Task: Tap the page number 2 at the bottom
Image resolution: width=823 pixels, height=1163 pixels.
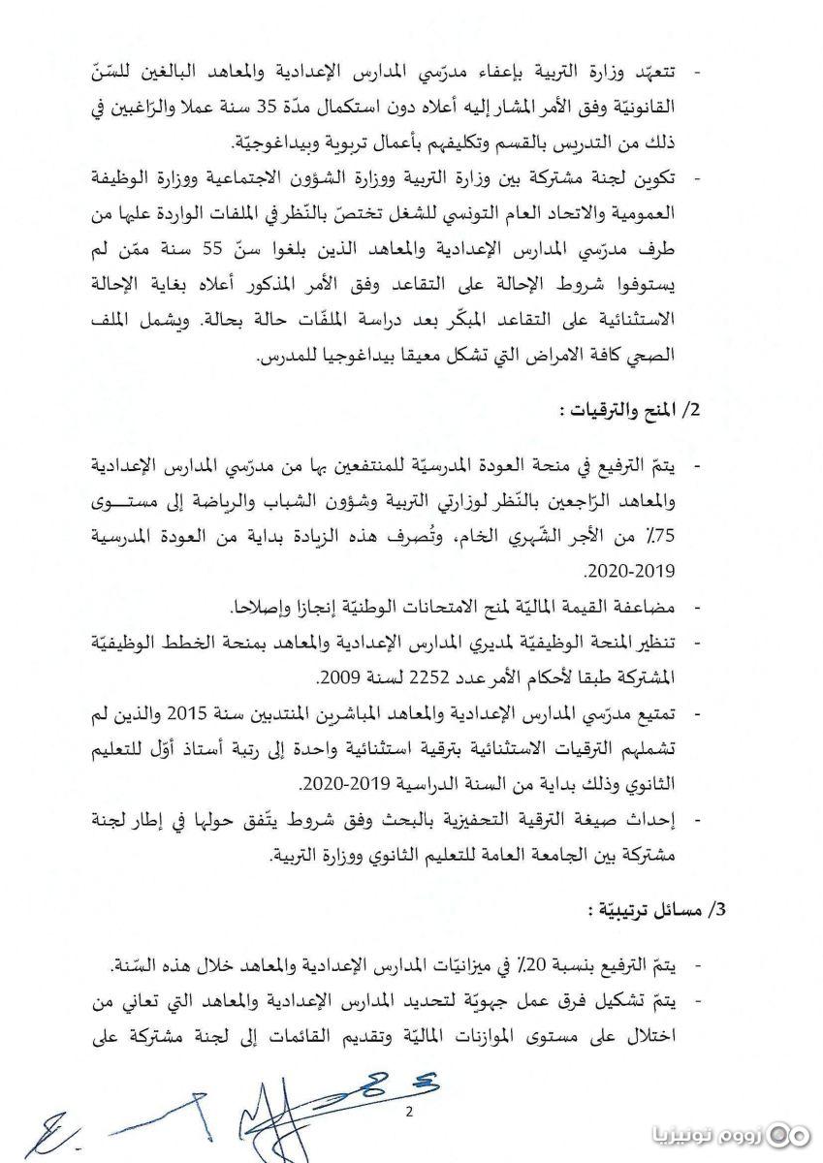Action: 409,1112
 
